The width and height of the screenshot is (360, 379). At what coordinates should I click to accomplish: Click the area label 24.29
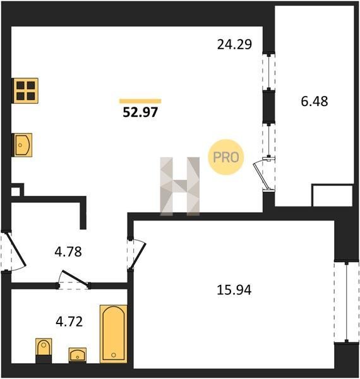click(x=234, y=44)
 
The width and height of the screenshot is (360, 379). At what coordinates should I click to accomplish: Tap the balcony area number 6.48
click(x=315, y=101)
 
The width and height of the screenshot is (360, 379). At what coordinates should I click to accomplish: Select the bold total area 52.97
click(x=140, y=112)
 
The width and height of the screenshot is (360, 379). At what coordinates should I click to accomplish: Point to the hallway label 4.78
click(x=68, y=251)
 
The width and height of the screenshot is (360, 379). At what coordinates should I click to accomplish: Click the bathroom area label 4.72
click(x=69, y=322)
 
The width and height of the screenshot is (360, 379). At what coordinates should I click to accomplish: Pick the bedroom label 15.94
click(x=234, y=289)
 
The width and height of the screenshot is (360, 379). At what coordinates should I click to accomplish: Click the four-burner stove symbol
click(x=26, y=90)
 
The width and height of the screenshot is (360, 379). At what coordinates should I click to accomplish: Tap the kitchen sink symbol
click(x=23, y=145)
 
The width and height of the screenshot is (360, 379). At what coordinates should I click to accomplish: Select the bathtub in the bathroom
click(x=114, y=334)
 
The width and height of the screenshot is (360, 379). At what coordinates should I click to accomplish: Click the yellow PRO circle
click(x=225, y=157)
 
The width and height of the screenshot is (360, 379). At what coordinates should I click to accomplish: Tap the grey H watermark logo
click(x=180, y=186)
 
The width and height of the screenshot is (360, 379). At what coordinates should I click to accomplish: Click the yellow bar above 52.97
click(x=140, y=101)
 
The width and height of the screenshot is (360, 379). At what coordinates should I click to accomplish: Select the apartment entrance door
click(x=16, y=250)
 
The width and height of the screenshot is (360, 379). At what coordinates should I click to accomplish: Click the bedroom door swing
click(x=138, y=255)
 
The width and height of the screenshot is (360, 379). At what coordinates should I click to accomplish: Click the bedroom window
click(x=347, y=301)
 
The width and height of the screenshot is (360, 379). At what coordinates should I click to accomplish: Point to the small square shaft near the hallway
click(x=16, y=191)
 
